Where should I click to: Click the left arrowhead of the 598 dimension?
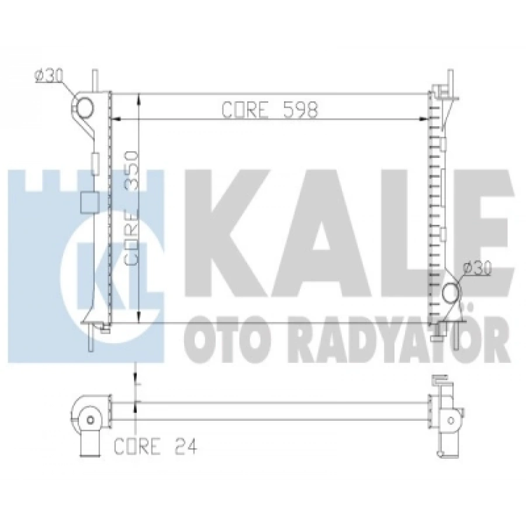pyautogui.click(x=115, y=120)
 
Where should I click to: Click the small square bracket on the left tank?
pyautogui.click(x=88, y=202)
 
